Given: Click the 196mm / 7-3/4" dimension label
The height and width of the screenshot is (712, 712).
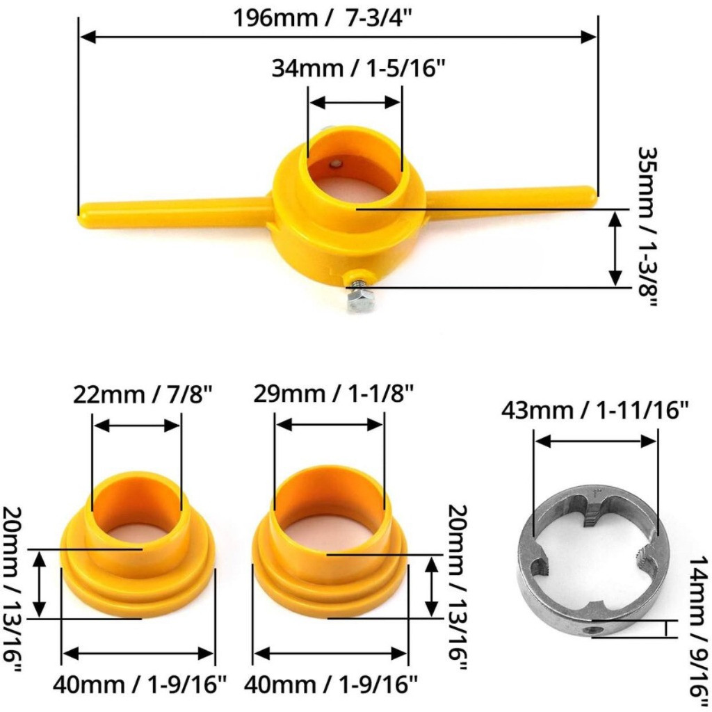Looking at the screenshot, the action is [x=323, y=18].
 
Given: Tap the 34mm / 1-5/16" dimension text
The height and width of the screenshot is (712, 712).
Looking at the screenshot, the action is [x=359, y=69].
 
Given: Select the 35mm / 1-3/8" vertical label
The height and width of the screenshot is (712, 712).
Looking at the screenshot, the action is [x=647, y=227].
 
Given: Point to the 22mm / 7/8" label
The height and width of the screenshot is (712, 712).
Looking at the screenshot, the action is [x=143, y=395].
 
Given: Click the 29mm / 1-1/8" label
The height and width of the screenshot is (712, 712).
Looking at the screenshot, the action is [x=333, y=394].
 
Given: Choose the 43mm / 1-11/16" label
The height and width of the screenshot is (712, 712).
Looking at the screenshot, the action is [x=595, y=410].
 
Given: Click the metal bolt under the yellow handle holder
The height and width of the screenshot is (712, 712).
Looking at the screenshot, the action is [x=359, y=294].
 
